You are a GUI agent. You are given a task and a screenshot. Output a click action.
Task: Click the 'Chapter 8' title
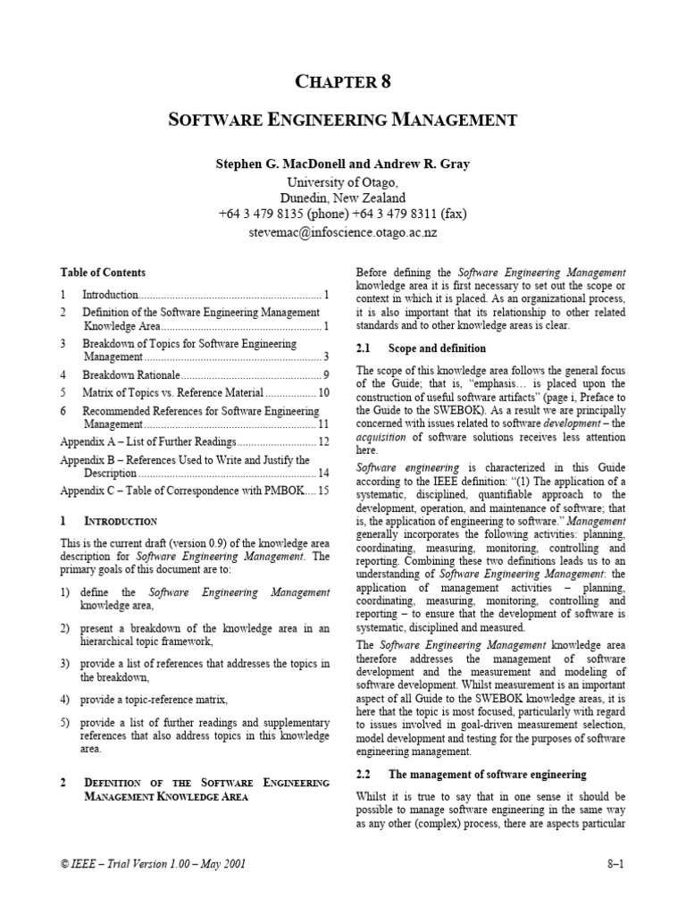(x=343, y=82)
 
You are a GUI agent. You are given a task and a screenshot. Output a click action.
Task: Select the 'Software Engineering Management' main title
(x=343, y=119)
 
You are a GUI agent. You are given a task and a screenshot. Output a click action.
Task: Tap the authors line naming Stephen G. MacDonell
(x=343, y=164)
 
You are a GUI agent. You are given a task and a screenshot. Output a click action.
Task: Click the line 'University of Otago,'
(x=343, y=181)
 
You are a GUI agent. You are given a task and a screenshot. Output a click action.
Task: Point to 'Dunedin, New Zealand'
(x=343, y=197)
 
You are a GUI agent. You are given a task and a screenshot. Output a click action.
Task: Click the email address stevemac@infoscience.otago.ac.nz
(x=343, y=231)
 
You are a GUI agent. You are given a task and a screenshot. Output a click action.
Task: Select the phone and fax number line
(x=343, y=214)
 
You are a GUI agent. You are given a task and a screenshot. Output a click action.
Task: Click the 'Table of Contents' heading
(x=103, y=272)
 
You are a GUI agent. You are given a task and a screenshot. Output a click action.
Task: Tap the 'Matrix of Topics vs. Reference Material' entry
(x=172, y=392)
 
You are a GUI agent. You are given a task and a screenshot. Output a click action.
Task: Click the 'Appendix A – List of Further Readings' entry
(x=147, y=442)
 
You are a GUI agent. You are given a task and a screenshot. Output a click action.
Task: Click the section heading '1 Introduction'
(x=109, y=521)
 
